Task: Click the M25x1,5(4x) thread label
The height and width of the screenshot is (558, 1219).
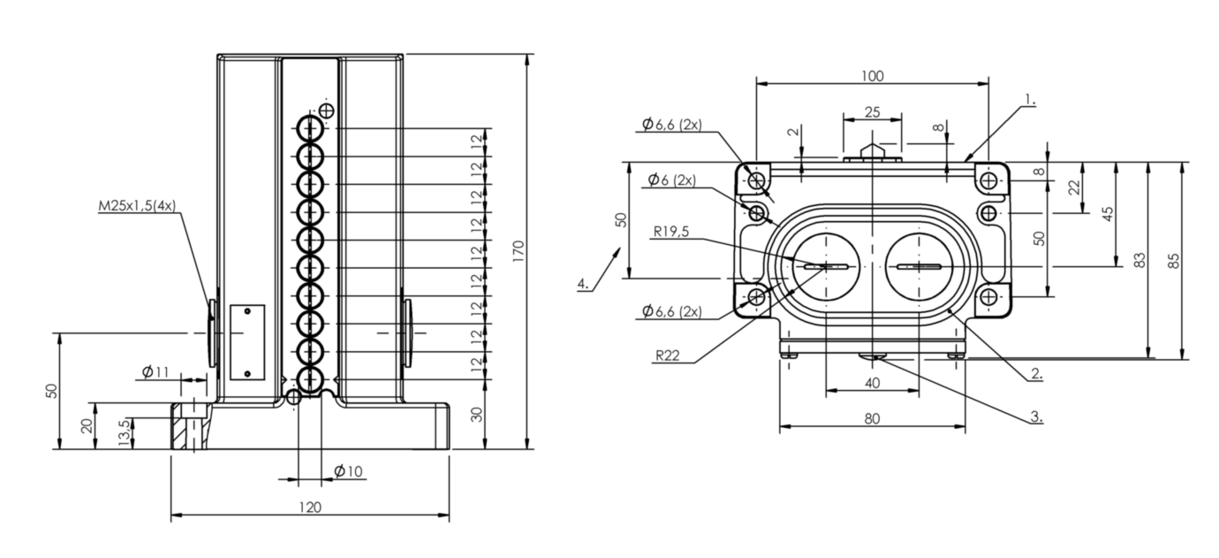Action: coord(137,206)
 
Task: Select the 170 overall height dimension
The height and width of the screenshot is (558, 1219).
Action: coord(518,251)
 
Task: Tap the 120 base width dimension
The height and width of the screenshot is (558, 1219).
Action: coord(310,508)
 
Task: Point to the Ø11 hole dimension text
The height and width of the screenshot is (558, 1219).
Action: coord(155,372)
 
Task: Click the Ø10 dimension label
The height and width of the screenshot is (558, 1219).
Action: coord(348,470)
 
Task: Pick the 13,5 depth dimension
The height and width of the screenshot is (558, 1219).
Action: coord(125,433)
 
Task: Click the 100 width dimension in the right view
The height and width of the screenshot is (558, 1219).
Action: coord(873,76)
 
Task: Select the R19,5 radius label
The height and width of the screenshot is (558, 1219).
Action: coord(671,232)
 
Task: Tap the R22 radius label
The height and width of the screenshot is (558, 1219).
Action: coord(667,355)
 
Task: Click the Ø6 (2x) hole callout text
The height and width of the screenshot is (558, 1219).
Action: coord(672,180)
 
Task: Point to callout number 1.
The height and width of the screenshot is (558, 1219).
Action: coord(1030,99)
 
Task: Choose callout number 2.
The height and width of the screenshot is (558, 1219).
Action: coord(1037,374)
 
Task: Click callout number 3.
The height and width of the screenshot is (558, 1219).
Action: coord(1037,417)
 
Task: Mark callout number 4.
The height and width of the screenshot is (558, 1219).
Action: coord(583,284)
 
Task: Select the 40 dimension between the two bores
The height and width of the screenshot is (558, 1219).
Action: coord(873,383)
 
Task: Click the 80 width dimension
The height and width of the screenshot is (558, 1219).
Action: coord(873,418)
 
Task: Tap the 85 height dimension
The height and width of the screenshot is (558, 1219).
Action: coord(1174,261)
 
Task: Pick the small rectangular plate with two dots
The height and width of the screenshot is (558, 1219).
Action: coord(247,342)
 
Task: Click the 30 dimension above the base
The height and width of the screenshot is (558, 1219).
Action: coord(477,414)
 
